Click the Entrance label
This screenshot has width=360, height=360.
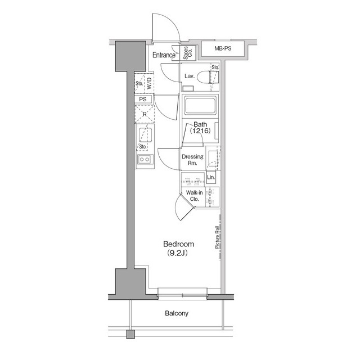click(164, 55)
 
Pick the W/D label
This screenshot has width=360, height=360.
click(149, 84)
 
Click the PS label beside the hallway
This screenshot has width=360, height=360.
click(143, 100)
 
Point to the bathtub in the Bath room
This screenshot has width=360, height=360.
click(200, 106)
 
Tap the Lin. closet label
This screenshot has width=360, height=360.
click(211, 178)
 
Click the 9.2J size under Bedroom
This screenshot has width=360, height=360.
click(178, 253)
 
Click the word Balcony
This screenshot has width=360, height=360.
click(177, 313)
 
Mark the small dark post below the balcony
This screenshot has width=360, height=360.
click(131, 334)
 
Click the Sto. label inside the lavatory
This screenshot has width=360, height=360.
click(215, 67)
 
